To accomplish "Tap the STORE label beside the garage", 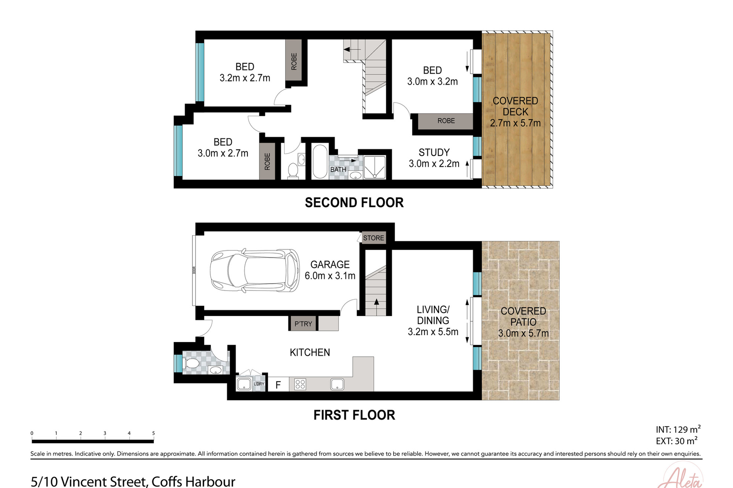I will pyautogui.click(x=373, y=238).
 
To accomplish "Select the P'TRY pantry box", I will pyautogui.click(x=303, y=324).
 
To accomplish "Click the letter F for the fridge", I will pyautogui.click(x=278, y=385).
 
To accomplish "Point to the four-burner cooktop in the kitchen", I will pyautogui.click(x=300, y=384).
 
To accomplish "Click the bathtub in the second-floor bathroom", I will pyautogui.click(x=320, y=161).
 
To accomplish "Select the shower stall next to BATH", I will pyautogui.click(x=374, y=167).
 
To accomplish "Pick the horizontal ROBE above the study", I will pyautogui.click(x=446, y=121).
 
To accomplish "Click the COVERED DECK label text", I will pyautogui.click(x=515, y=106).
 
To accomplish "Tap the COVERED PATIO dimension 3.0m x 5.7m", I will pyautogui.click(x=523, y=333).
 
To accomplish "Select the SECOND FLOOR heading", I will pyautogui.click(x=354, y=202).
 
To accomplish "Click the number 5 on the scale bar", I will pyautogui.click(x=153, y=433).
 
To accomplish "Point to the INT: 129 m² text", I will pyautogui.click(x=678, y=429).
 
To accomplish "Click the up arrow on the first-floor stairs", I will pyautogui.click(x=376, y=302).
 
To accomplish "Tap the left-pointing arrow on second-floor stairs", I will pyautogui.click(x=347, y=50).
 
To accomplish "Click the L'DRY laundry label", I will pyautogui.click(x=259, y=384).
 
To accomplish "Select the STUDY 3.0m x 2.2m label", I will pyautogui.click(x=434, y=158).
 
